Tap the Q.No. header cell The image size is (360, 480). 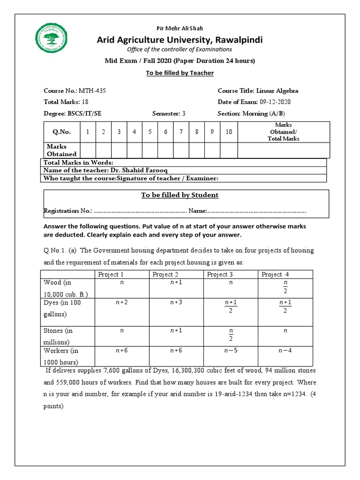[61, 132]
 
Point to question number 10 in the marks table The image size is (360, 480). [229, 132]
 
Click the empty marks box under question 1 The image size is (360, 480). [88, 150]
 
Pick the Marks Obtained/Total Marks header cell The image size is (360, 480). [284, 132]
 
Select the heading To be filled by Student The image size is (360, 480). [180, 195]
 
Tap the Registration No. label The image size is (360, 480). [67, 211]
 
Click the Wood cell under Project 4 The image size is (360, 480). [285, 286]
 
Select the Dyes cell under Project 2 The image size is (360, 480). [176, 303]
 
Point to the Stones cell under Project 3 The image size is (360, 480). [231, 335]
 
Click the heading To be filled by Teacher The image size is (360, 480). [180, 73]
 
